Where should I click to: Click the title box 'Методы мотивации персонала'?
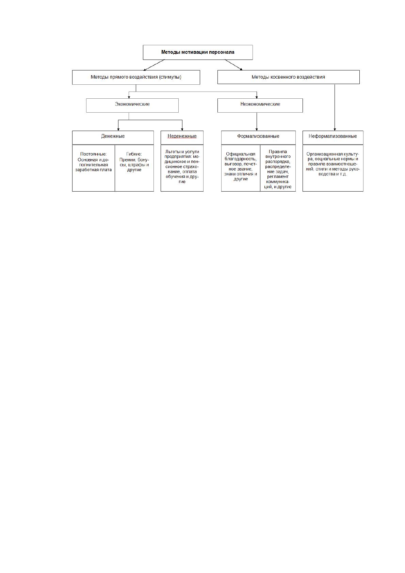point(198,52)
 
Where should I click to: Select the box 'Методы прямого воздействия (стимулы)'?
point(136,77)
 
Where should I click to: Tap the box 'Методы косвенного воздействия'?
point(288,77)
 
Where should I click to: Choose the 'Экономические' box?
point(132,105)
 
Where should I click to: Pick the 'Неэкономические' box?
point(260,105)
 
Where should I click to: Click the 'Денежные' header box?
point(113,137)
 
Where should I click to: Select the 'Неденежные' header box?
point(182,137)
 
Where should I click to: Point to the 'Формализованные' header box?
point(258,137)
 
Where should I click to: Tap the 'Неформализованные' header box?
point(333,137)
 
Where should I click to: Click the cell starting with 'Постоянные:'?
point(93,168)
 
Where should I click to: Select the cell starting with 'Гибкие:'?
point(134,168)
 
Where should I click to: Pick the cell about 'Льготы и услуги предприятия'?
point(182,168)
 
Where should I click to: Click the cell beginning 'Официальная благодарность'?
point(241,168)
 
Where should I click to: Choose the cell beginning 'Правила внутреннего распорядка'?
point(278,168)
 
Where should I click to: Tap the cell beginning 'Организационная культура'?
point(333,168)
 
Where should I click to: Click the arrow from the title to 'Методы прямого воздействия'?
point(154,65)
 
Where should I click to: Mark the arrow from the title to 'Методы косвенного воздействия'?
point(233,65)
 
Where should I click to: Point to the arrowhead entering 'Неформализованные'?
point(335,129)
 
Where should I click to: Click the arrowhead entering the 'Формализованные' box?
point(257,129)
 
